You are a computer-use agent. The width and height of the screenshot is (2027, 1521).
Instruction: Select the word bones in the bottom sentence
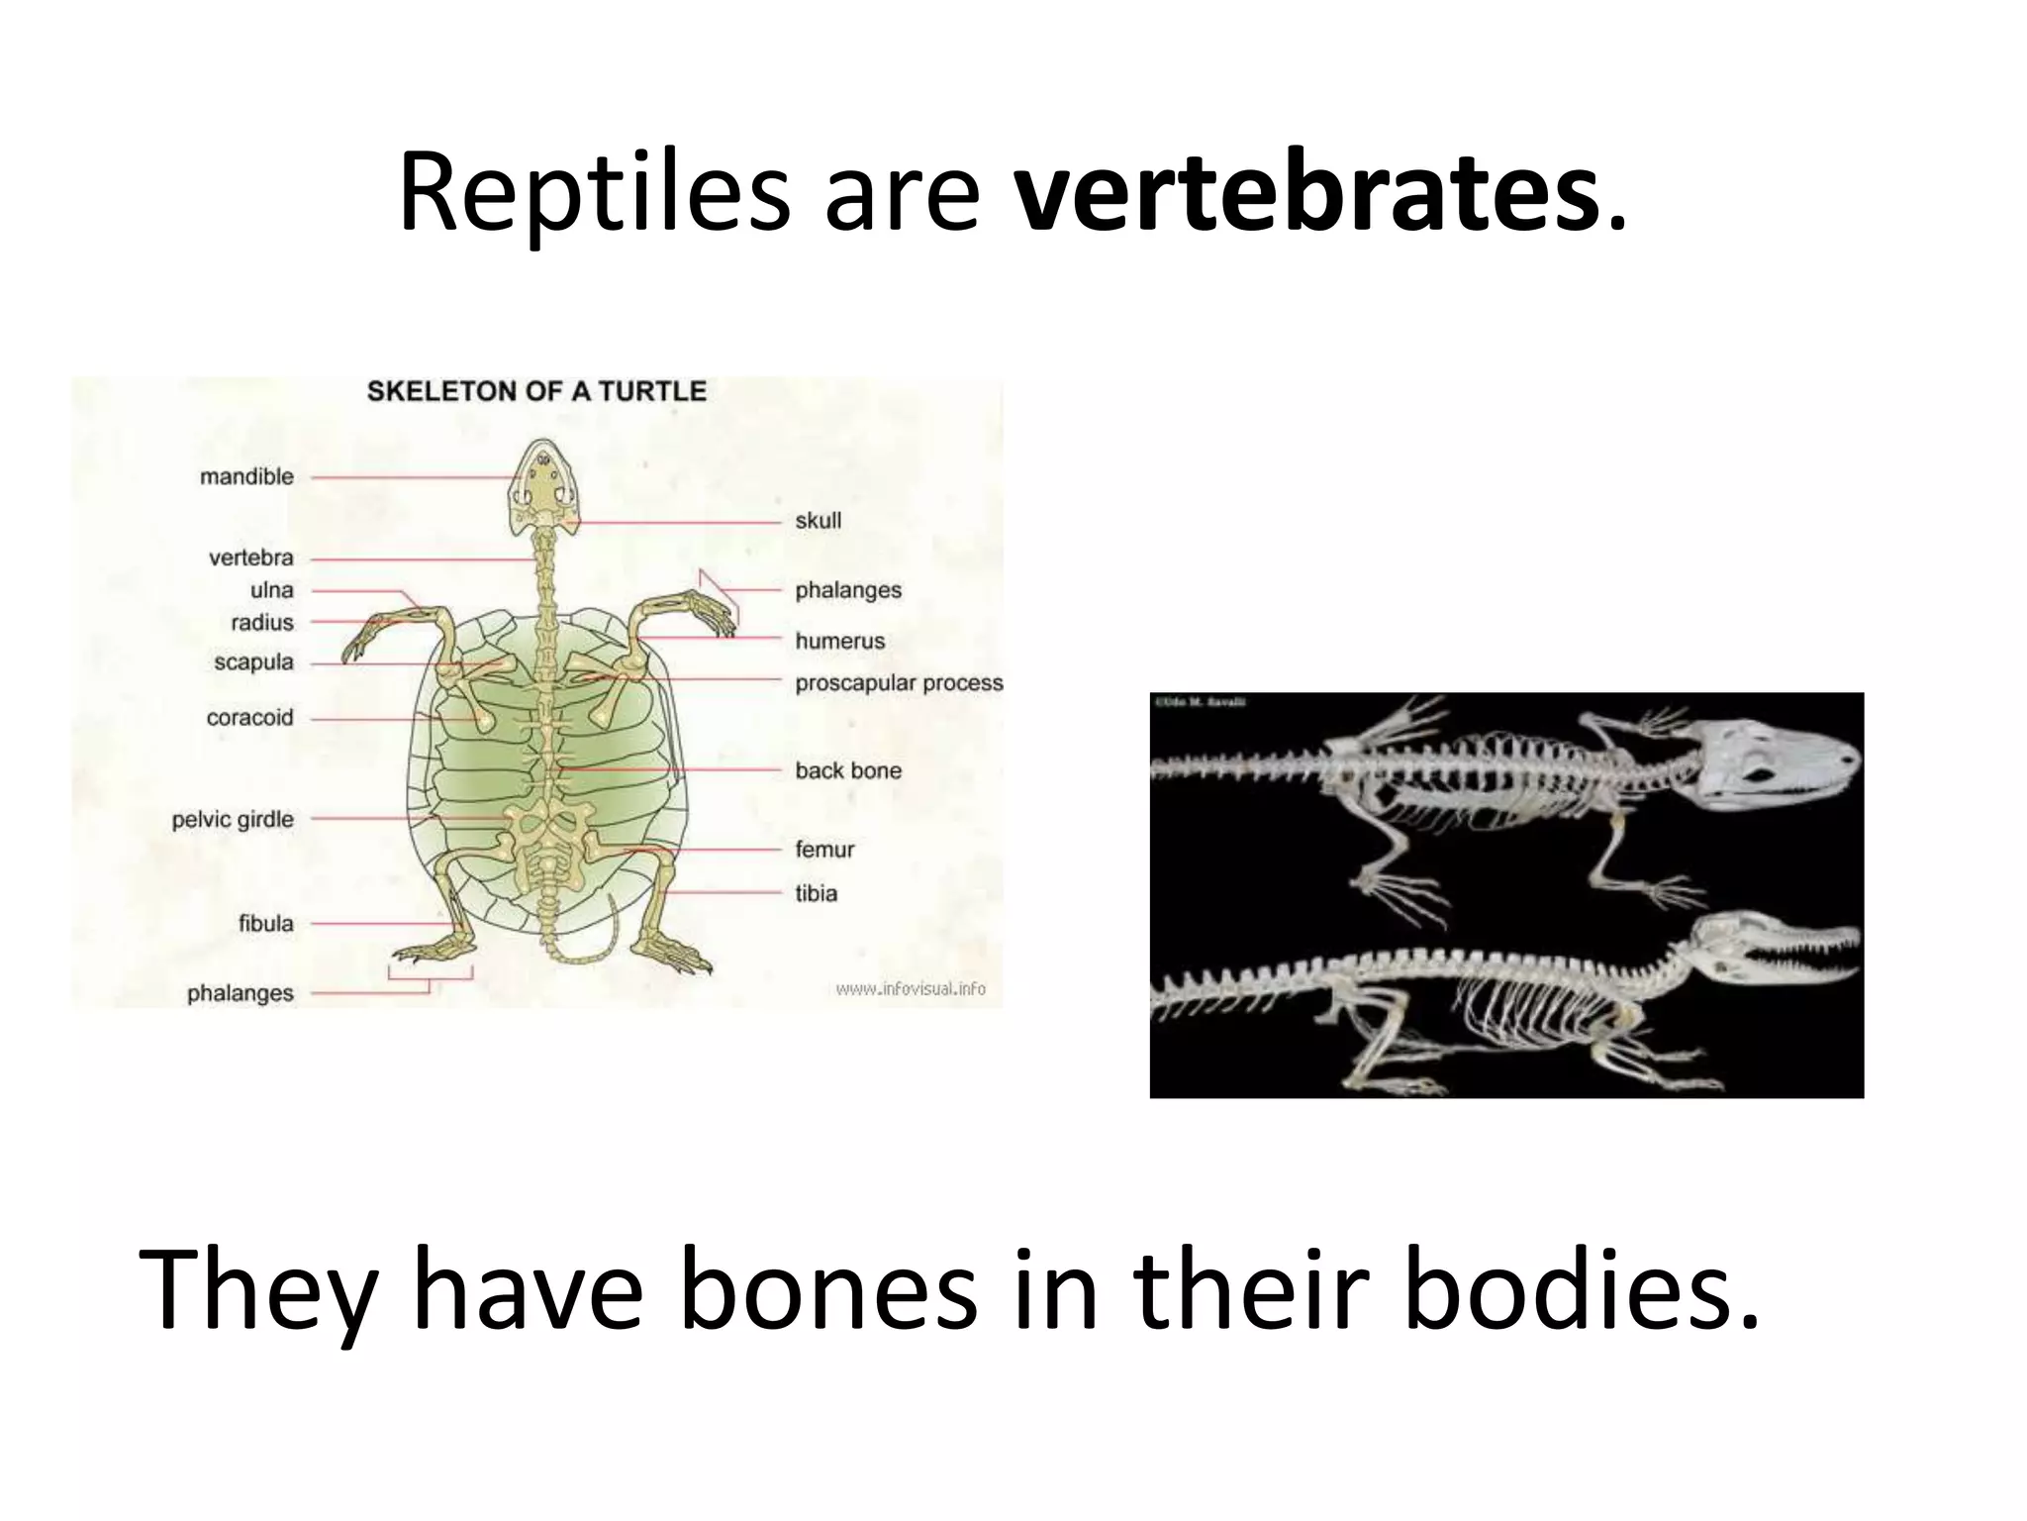(827, 1289)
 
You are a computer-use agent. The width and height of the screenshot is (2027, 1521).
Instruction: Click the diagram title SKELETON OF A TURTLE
(536, 391)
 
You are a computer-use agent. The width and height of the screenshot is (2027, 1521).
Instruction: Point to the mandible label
(246, 477)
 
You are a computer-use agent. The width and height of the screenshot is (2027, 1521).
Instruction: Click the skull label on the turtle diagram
(818, 521)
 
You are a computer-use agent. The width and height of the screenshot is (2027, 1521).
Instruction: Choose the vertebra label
(250, 558)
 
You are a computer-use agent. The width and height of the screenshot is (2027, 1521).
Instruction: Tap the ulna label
(271, 590)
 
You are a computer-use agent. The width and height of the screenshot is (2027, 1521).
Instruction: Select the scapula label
(253, 662)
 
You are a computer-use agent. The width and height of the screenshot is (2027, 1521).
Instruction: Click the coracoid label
(249, 718)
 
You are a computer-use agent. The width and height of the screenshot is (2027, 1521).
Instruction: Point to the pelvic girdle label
(233, 820)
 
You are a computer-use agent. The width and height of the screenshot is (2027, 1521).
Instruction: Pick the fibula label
(265, 924)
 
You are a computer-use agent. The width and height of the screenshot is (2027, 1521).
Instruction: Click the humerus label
(839, 642)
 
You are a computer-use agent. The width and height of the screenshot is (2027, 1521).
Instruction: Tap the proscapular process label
(899, 683)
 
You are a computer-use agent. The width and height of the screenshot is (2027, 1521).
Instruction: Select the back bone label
(848, 771)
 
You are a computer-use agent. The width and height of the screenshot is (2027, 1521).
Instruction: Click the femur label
(823, 850)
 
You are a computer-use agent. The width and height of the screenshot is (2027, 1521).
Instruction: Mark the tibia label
(816, 894)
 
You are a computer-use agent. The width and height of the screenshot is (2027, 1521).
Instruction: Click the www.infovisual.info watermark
(911, 988)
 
